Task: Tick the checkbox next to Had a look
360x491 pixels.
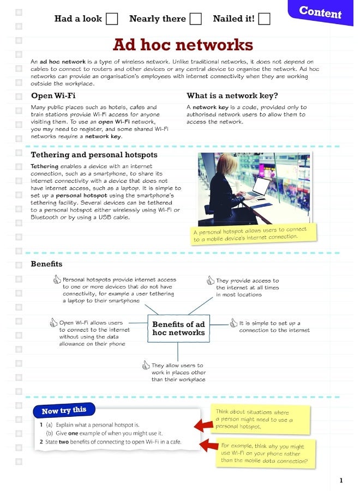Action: pos(111,19)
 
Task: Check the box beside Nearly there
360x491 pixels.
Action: pos(196,19)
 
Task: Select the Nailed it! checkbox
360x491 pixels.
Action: pos(264,19)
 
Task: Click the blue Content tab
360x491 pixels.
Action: pos(321,12)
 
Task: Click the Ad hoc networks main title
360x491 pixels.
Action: pos(183,45)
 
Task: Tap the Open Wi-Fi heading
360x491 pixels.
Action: pos(53,96)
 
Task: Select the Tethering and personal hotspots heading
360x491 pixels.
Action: pos(94,155)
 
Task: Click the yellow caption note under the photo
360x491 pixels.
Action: pos(254,233)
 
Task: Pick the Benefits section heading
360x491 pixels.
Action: pos(46,264)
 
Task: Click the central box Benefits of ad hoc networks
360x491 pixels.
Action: pos(178,328)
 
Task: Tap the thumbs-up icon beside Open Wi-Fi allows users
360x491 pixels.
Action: pos(53,323)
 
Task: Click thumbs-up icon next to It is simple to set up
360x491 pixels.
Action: pos(233,323)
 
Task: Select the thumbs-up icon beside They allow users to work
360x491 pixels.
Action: pos(146,365)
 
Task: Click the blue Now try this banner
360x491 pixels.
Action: pos(64,410)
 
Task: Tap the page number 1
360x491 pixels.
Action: pos(341,480)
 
